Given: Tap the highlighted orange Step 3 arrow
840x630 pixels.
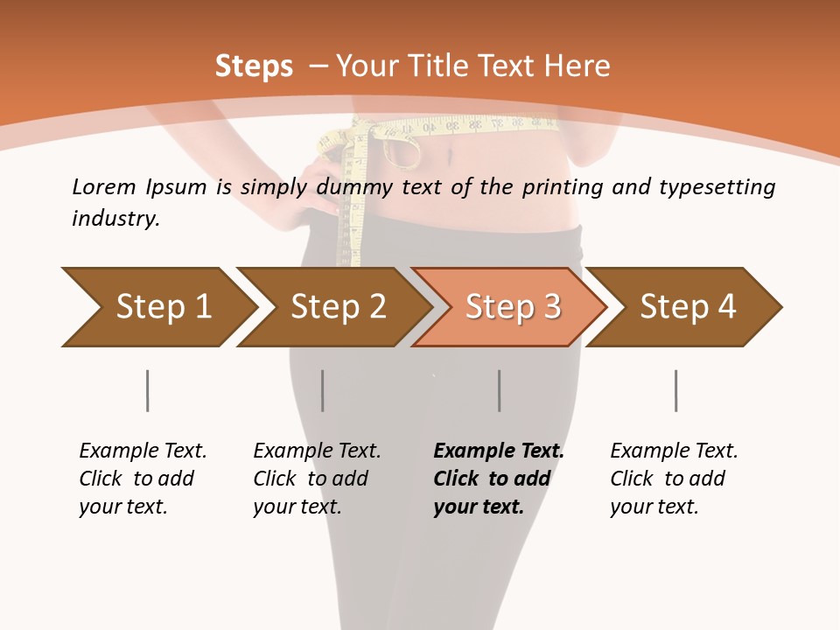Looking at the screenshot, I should [512, 306].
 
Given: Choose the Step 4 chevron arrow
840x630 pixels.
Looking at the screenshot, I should [687, 306].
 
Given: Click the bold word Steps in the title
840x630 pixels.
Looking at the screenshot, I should [254, 66].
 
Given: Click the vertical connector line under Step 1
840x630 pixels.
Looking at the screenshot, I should [147, 390].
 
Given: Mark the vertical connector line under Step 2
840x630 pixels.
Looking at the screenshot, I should [323, 390].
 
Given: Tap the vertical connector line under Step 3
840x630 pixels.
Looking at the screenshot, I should [499, 390].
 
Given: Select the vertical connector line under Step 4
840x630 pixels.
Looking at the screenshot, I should [675, 390].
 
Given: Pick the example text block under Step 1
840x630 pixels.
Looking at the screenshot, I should [143, 478].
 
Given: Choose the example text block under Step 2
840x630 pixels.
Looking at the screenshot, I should [317, 478].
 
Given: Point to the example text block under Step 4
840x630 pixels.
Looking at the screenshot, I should [674, 478].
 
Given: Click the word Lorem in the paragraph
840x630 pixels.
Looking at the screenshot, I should [103, 186].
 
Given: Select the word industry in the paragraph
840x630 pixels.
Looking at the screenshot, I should [115, 218].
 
